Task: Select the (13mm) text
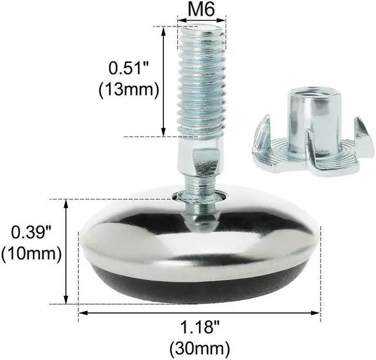(129, 90)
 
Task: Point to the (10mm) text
(32, 255)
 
